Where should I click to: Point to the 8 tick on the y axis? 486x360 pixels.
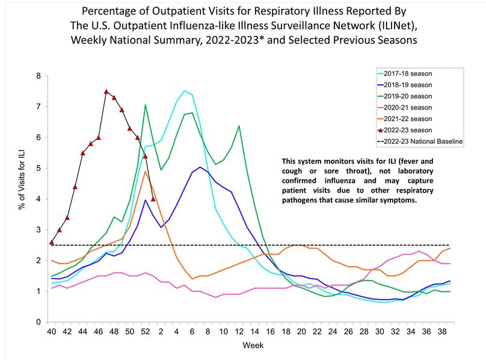coord(39,76)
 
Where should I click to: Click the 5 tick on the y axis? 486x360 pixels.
coord(39,169)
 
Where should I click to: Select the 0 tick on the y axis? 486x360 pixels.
coord(39,322)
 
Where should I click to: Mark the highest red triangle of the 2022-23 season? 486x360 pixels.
coord(106,92)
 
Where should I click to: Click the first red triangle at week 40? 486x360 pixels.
coord(52,243)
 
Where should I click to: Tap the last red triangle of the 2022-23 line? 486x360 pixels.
coord(153,199)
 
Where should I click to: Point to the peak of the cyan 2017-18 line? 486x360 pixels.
coord(185,91)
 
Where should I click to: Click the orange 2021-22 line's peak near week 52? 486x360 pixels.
coord(146,172)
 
